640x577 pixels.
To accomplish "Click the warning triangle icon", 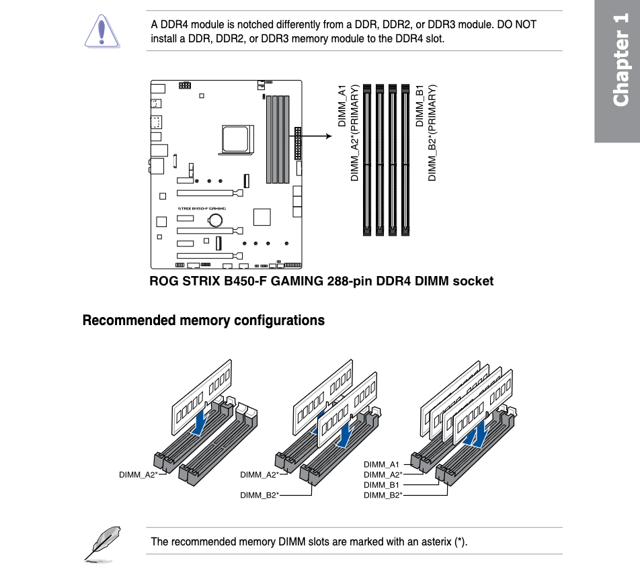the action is point(102,32).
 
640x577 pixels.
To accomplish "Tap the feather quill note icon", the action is point(103,544).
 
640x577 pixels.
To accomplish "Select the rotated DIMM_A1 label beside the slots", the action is point(342,106).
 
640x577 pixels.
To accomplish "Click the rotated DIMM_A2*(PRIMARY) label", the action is point(354,133).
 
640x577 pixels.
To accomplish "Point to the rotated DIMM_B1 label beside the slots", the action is point(419,106).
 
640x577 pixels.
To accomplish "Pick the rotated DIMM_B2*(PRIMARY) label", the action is point(432,133).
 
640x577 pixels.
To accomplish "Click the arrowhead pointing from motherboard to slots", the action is point(329,136).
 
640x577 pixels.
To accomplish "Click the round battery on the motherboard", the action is point(215,220).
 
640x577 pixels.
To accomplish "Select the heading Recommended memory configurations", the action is point(204,320).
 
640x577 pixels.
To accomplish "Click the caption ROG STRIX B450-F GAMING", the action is point(237,281).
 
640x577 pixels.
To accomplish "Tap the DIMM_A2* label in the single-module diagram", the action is point(138,475).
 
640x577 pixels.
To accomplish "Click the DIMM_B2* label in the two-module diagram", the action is point(259,495).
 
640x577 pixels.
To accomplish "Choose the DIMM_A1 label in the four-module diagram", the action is point(381,464).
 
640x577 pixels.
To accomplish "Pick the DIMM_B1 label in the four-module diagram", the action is point(381,485).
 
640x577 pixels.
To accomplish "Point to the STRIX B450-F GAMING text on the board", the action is point(202,208).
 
